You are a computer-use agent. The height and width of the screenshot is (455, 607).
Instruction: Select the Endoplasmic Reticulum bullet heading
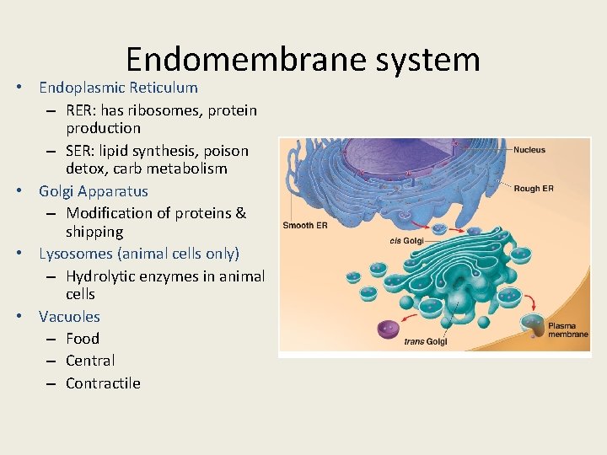(x=118, y=88)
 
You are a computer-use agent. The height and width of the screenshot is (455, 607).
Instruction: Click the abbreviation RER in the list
(x=82, y=110)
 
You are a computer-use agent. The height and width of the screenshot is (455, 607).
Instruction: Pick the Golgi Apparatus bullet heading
(x=93, y=191)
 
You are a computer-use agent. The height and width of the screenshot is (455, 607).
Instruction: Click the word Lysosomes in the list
(x=77, y=254)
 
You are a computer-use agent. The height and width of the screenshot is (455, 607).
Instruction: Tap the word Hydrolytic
(x=104, y=276)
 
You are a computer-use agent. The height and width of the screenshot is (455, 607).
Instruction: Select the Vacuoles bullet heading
(x=69, y=317)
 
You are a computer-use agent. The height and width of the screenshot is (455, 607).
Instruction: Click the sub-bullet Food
(x=83, y=339)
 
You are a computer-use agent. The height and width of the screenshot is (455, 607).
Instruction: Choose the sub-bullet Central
(x=90, y=361)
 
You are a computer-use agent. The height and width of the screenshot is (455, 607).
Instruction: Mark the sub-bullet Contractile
(x=103, y=383)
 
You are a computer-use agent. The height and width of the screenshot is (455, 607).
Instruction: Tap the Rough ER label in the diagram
(x=533, y=189)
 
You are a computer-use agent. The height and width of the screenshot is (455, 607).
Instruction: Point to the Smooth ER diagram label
(x=304, y=226)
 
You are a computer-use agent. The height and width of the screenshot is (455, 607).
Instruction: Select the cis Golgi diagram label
(x=406, y=241)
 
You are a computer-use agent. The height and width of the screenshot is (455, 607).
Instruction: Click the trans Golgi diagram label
(x=425, y=341)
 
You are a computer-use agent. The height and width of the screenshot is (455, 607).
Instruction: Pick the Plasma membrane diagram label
(x=567, y=329)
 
